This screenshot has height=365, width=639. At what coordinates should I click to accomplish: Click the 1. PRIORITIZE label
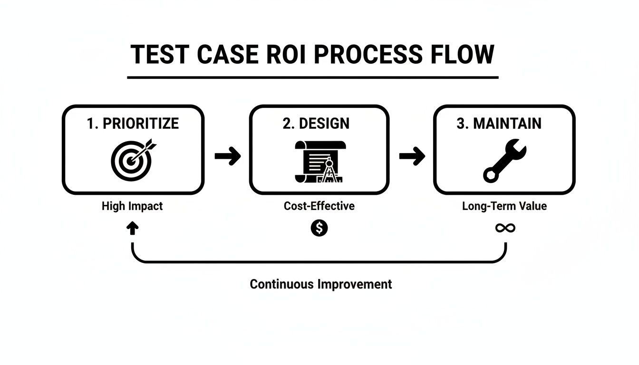pos(133,124)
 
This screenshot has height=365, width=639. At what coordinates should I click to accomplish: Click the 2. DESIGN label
pos(316,124)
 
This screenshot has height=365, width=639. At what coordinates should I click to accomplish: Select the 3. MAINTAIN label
pos(499,124)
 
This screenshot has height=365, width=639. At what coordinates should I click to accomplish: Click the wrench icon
pos(504,161)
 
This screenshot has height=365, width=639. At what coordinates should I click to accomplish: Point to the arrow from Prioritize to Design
pos(228,156)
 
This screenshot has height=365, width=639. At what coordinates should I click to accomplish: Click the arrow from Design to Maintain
pos(412,156)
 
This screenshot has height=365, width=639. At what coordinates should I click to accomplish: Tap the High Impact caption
pos(132,206)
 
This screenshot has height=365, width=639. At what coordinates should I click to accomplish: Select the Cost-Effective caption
pos(319,206)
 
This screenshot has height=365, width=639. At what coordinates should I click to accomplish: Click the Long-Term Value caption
pos(504,206)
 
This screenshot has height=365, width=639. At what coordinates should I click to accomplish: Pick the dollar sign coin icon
pos(319,228)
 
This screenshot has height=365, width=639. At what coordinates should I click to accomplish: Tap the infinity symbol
pos(505,228)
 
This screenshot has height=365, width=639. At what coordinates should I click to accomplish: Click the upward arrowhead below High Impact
pos(133,229)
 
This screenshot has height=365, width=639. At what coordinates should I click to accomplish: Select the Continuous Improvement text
pos(321,284)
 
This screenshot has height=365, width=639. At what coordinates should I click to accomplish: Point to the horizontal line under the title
pos(313,77)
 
